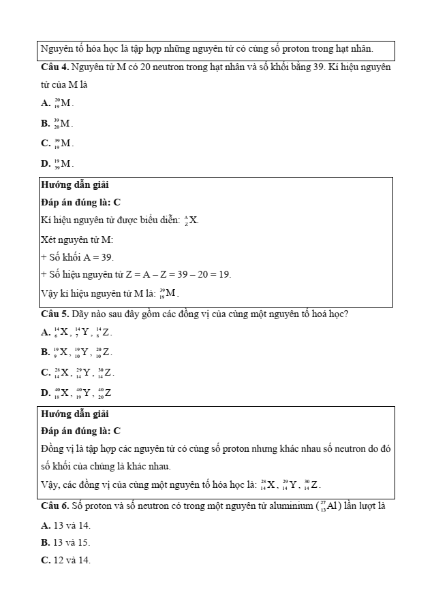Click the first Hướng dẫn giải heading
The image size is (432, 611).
[75, 185]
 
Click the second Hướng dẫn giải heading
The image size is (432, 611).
[75, 414]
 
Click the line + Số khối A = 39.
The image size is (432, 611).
[78, 257]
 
